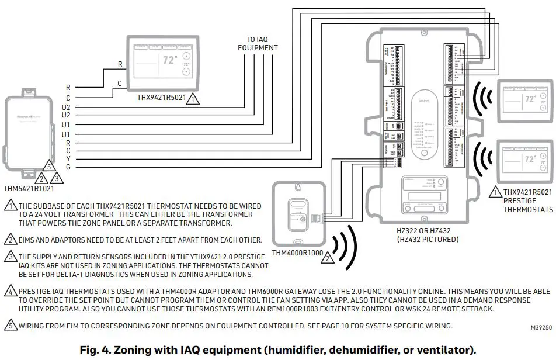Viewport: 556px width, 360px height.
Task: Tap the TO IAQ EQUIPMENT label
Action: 258,44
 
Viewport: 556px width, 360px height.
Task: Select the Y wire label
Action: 68,159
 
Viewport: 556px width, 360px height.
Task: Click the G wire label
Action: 68,168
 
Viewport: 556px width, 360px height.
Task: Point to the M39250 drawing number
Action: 541,328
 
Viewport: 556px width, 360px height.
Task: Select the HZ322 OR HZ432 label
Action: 426,231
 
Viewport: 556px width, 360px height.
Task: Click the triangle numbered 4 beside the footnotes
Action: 10,290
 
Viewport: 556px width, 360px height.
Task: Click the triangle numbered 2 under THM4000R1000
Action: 329,257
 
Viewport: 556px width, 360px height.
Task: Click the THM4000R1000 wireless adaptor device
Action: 297,213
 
